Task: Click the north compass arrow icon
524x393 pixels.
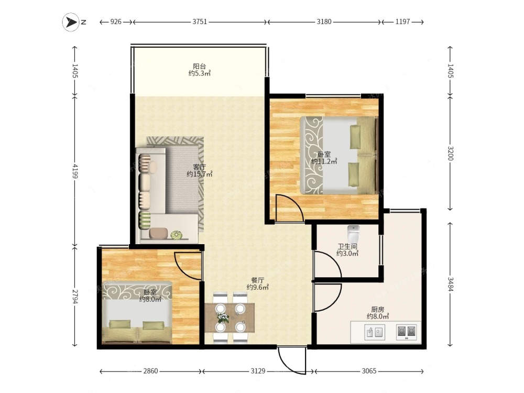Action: pyautogui.click(x=71, y=22)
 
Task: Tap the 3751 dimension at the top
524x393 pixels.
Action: pyautogui.click(x=200, y=22)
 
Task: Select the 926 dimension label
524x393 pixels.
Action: pyautogui.click(x=116, y=22)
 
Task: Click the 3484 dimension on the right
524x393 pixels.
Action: pyautogui.click(x=451, y=285)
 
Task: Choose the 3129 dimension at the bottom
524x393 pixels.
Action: pyautogui.click(x=258, y=371)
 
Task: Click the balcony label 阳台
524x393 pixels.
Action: pyautogui.click(x=200, y=66)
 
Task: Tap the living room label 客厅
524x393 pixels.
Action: pyautogui.click(x=200, y=167)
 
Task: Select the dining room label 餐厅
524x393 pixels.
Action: pyautogui.click(x=258, y=280)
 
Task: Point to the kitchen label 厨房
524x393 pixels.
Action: pyautogui.click(x=378, y=310)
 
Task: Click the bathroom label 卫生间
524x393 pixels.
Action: pyautogui.click(x=347, y=247)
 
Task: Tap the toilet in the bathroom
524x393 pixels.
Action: pyautogui.click(x=353, y=234)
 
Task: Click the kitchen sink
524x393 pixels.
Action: pyautogui.click(x=374, y=332)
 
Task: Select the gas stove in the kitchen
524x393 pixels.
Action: pyautogui.click(x=407, y=332)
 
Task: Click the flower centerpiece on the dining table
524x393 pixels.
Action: pyautogui.click(x=223, y=318)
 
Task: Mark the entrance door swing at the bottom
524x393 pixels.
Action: pyautogui.click(x=291, y=361)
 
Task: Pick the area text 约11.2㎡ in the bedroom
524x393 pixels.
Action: pyautogui.click(x=324, y=161)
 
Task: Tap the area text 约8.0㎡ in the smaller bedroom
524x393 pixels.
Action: pyautogui.click(x=150, y=299)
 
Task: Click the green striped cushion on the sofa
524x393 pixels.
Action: pyautogui.click(x=145, y=220)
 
